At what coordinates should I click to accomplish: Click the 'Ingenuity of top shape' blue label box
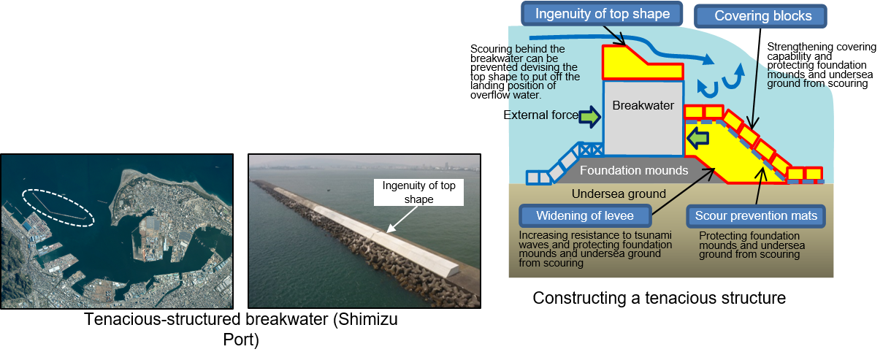[x=602, y=14]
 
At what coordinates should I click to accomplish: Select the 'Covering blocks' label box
[x=762, y=16]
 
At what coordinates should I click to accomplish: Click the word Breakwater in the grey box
[x=643, y=106]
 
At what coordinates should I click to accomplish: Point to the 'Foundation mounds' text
[x=630, y=171]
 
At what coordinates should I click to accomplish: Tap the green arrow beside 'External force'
[x=588, y=115]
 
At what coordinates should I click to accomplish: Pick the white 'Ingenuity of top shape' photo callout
[x=418, y=193]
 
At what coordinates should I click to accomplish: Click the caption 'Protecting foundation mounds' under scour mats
[x=752, y=245]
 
